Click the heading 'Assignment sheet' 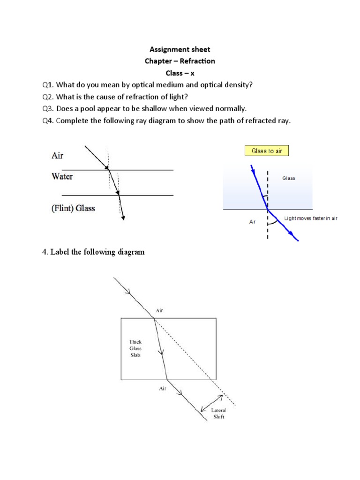[180, 49]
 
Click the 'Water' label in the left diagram [62, 177]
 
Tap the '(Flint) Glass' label [73, 208]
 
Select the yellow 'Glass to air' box [266, 150]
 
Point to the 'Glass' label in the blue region [289, 178]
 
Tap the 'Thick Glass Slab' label [135, 348]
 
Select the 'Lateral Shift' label [219, 413]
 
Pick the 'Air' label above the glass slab [160, 310]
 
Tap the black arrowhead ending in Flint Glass [123, 216]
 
